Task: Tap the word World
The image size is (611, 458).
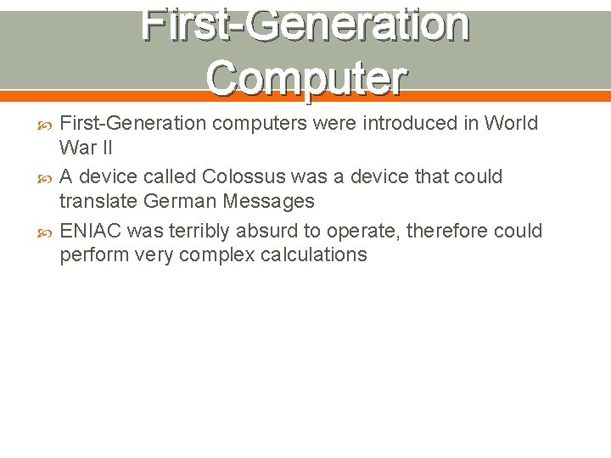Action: (511, 123)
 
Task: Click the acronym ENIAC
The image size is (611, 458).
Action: (89, 231)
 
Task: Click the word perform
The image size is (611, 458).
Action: (93, 255)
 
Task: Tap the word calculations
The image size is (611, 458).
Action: (313, 255)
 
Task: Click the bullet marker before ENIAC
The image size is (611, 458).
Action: (47, 232)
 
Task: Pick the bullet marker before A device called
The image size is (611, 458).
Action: (47, 177)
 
